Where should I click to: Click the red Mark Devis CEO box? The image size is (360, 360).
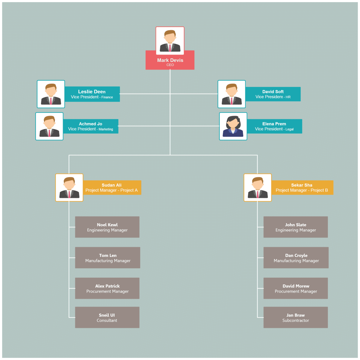(170, 60)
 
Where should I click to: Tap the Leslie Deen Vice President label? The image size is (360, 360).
(92, 94)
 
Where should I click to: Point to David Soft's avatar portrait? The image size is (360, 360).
(232, 94)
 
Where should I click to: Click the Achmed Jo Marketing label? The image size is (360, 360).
(91, 126)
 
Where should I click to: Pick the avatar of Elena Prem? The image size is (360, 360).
(233, 126)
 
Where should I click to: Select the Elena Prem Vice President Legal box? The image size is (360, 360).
(274, 126)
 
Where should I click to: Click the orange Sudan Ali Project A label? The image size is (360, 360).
(112, 187)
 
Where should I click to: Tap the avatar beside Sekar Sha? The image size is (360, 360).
(258, 187)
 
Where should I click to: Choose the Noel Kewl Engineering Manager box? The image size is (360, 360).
(107, 227)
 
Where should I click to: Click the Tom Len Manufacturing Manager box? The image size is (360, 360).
(108, 258)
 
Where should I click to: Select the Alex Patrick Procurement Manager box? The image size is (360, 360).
(107, 288)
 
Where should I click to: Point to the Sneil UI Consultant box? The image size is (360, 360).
(107, 317)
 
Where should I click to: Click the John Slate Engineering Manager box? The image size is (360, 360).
(296, 227)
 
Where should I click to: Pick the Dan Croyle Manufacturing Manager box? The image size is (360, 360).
(296, 258)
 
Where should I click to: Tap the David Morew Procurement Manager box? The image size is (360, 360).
(296, 288)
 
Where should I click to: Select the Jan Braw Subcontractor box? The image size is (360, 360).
(296, 317)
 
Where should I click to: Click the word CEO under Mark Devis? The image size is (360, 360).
(170, 65)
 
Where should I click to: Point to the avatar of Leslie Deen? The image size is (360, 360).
(51, 94)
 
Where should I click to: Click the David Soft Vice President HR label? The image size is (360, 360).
(273, 94)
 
